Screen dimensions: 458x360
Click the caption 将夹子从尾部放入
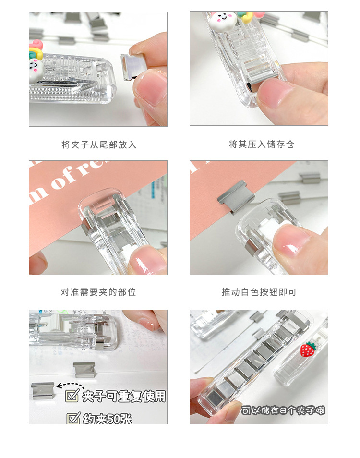coord(98,145)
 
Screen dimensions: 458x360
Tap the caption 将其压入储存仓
coord(261,145)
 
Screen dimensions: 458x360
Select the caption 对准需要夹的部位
coord(98,292)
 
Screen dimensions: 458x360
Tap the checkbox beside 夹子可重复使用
coord(72,396)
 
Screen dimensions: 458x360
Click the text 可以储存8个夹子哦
coord(283,410)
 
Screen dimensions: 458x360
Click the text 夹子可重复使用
coord(124,396)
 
